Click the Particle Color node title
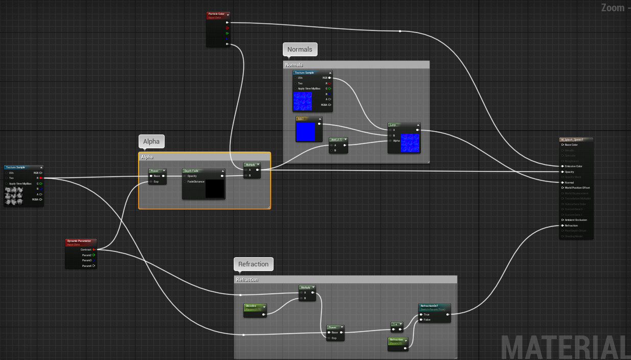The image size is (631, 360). [216, 14]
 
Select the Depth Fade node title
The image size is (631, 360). [192, 171]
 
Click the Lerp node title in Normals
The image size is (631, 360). [393, 125]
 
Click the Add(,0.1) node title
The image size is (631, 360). [337, 139]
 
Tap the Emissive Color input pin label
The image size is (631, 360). [573, 166]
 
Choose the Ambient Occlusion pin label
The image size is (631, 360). [576, 220]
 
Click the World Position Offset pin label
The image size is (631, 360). [577, 188]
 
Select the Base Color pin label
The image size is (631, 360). [571, 145]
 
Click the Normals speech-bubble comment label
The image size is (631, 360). [300, 49]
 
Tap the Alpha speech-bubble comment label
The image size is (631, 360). [151, 141]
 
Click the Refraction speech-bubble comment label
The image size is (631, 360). [253, 264]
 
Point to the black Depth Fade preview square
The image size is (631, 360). [214, 188]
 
